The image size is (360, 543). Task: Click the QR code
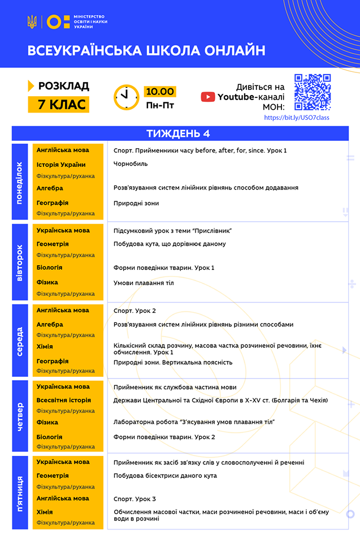(x=313, y=92)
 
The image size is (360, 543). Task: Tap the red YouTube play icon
(x=208, y=97)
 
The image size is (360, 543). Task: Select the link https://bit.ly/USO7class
(x=297, y=118)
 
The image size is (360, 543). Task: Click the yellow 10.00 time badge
(x=160, y=92)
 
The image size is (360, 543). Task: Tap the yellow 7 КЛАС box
(x=58, y=104)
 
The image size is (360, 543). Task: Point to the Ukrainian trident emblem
(x=32, y=22)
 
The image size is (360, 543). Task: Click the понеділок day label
(x=20, y=182)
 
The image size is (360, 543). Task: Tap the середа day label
(x=20, y=341)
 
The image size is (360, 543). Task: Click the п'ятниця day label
(x=20, y=492)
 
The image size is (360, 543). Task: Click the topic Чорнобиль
(x=131, y=163)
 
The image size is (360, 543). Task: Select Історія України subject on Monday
(x=61, y=165)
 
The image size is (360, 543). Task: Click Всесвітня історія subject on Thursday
(x=63, y=400)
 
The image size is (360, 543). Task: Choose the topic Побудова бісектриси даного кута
(x=165, y=476)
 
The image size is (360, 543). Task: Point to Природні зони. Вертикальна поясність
(x=172, y=363)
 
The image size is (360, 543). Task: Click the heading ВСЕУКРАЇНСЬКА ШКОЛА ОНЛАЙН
(x=146, y=51)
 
